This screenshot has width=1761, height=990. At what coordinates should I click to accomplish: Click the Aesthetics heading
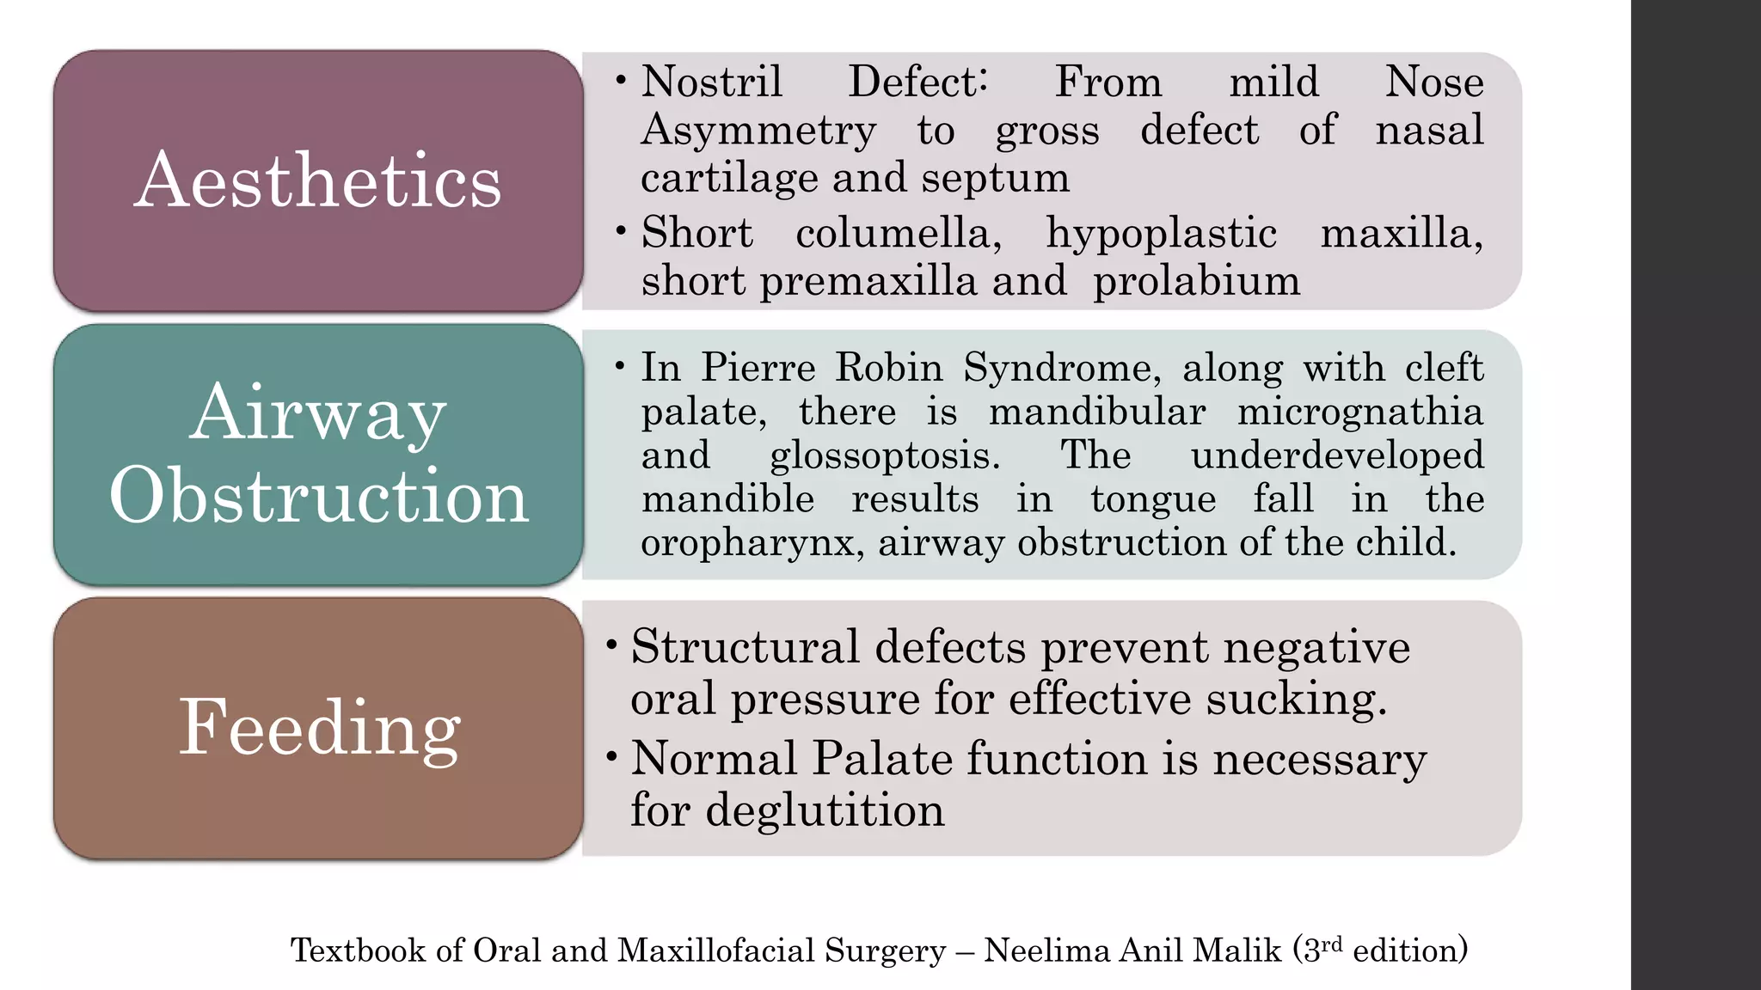(x=317, y=180)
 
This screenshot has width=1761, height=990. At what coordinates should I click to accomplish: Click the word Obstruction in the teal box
(x=318, y=496)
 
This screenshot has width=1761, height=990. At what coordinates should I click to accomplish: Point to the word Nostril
(x=712, y=82)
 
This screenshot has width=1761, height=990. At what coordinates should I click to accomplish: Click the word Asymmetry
(x=758, y=131)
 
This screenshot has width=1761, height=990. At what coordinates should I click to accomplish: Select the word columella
(x=899, y=233)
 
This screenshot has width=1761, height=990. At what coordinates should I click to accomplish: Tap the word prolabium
(x=1196, y=281)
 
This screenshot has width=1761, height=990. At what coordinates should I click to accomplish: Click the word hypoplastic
(x=1161, y=234)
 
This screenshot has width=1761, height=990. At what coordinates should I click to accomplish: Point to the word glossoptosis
(x=885, y=456)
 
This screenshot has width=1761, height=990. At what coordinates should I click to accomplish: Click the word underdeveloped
(x=1337, y=456)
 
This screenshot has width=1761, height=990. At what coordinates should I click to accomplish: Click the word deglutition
(x=825, y=810)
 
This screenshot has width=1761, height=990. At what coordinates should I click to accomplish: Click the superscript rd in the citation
(x=1331, y=944)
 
